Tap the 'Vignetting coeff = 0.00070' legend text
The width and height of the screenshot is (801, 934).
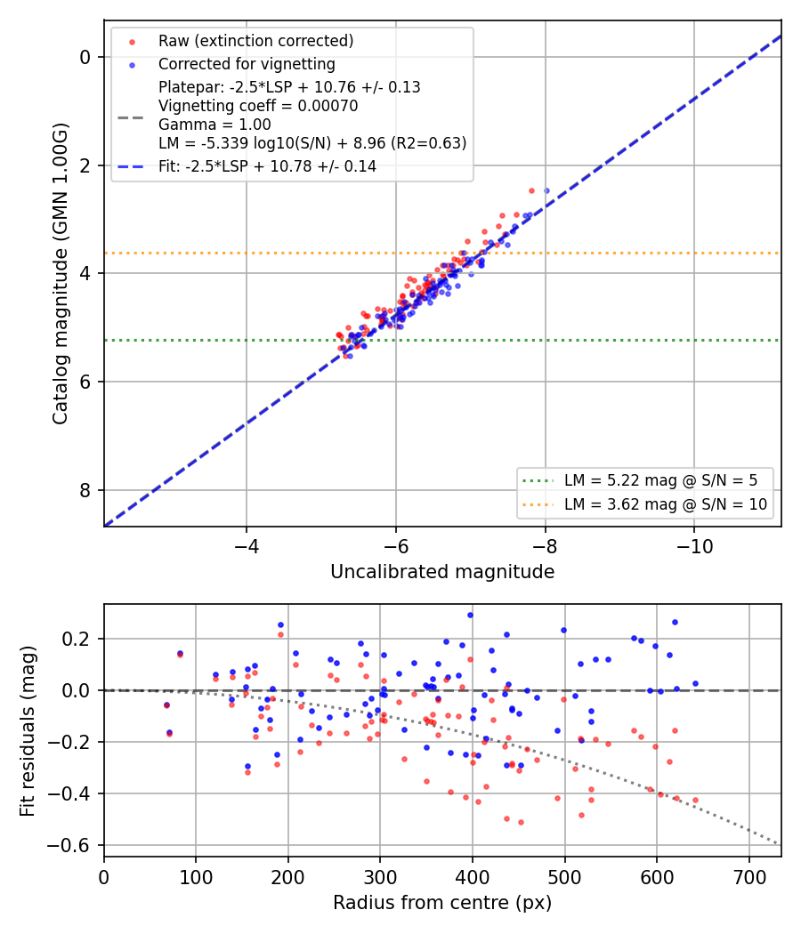click(258, 106)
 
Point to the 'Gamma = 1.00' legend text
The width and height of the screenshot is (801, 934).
click(214, 125)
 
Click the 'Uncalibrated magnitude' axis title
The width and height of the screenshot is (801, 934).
click(443, 572)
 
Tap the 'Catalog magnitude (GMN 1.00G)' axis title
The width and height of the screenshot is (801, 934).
click(61, 273)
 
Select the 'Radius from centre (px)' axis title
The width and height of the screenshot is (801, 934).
click(442, 903)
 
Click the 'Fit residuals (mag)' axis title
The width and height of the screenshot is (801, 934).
click(28, 731)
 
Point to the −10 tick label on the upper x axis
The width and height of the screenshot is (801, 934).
click(694, 545)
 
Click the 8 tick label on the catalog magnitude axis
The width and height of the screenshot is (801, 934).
click(85, 490)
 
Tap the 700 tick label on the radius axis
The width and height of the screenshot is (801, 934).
click(749, 877)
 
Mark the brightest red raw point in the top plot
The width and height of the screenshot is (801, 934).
click(531, 190)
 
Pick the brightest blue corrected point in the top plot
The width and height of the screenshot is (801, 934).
click(546, 190)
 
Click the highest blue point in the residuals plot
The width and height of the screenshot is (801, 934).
click(470, 615)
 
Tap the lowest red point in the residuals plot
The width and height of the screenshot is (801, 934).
click(521, 823)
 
